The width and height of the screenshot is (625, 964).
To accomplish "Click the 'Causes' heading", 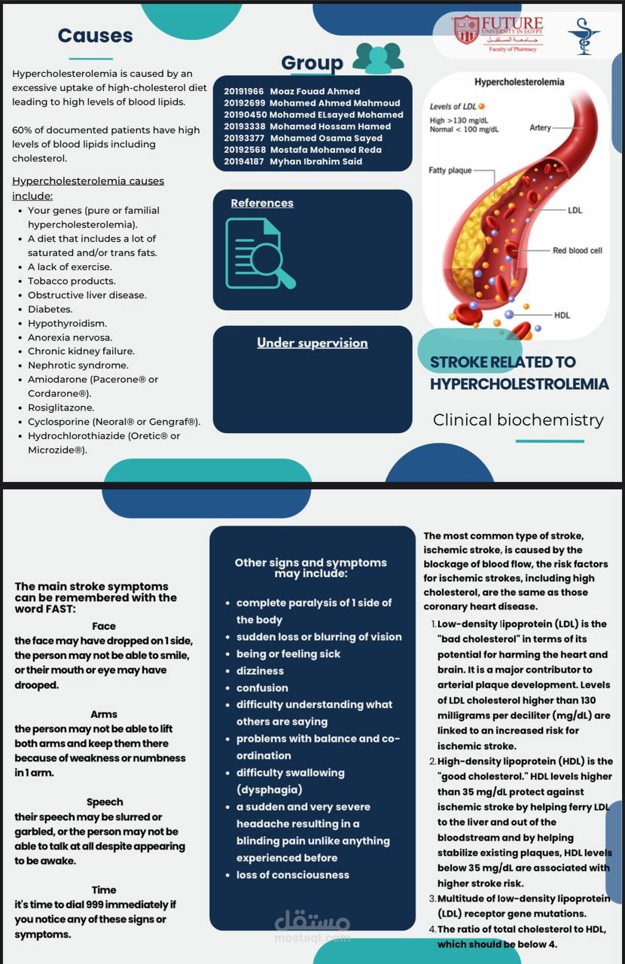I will pyautogui.click(x=95, y=35).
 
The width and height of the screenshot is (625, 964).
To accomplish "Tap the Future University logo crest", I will pyautogui.click(x=466, y=30).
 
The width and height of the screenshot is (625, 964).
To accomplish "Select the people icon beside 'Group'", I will pyautogui.click(x=378, y=58).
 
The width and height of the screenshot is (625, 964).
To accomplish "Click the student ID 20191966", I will pyautogui.click(x=243, y=91).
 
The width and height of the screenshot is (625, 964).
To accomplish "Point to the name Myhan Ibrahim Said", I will pyautogui.click(x=316, y=161).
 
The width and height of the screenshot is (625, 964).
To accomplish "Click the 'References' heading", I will pyautogui.click(x=262, y=203).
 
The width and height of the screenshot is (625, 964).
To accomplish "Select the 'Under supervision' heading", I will pyautogui.click(x=312, y=343).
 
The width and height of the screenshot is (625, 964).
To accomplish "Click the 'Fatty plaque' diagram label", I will pyautogui.click(x=450, y=170).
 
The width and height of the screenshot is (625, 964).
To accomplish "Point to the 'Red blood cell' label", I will pyautogui.click(x=577, y=250).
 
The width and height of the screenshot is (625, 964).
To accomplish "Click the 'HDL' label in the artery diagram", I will pyautogui.click(x=562, y=315).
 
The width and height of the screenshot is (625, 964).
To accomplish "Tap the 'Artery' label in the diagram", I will pyautogui.click(x=540, y=127).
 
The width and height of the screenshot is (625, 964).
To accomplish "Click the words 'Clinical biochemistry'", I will pyautogui.click(x=518, y=419).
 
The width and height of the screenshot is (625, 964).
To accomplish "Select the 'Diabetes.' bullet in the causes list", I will pyautogui.click(x=50, y=309).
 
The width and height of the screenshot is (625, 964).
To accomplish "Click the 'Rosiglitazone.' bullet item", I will pyautogui.click(x=61, y=407).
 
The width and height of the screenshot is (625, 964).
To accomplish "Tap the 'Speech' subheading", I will pyautogui.click(x=105, y=802).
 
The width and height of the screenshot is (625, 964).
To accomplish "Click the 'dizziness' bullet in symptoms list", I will pyautogui.click(x=260, y=670).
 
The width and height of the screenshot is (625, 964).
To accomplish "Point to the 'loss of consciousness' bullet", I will pyautogui.click(x=292, y=874).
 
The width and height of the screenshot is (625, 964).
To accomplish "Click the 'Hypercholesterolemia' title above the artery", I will pyautogui.click(x=519, y=81).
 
